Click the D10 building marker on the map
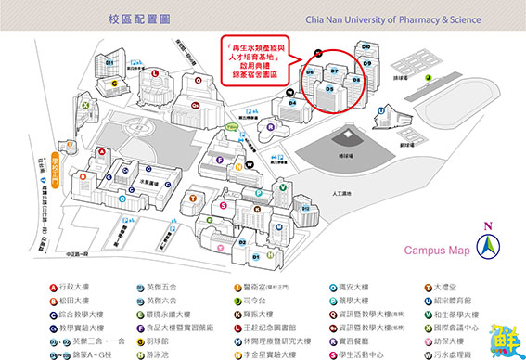(366, 45)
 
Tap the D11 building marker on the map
(109, 62)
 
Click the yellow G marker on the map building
(114, 82)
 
